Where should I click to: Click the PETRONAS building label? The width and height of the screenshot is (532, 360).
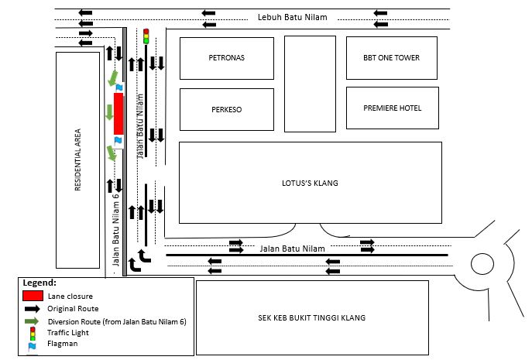(227, 58)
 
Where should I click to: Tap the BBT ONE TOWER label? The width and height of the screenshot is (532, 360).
(392, 58)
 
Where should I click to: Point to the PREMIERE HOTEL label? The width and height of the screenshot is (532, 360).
(393, 108)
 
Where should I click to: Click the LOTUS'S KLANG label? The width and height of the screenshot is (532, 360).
(310, 183)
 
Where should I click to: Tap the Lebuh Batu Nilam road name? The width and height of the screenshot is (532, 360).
(293, 17)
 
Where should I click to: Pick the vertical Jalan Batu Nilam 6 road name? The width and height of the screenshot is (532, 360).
(116, 231)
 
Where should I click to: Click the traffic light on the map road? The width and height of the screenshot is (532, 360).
(146, 36)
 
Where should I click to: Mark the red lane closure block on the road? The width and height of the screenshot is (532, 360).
(118, 113)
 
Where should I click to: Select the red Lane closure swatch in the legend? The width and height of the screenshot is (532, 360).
(32, 296)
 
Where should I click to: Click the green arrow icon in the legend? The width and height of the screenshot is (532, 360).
(32, 321)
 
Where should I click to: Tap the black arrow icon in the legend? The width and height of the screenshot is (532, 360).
(32, 309)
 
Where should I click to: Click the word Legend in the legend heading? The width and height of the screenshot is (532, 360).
(39, 283)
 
